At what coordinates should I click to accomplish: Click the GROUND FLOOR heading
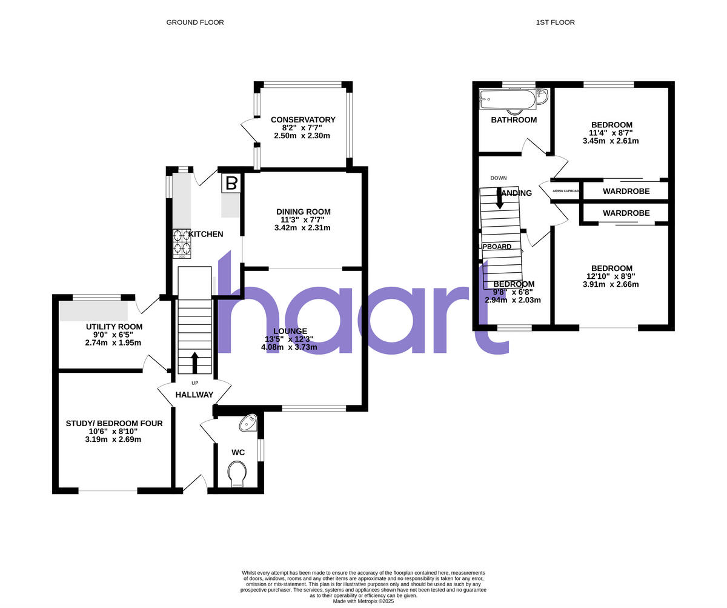click(x=195, y=22)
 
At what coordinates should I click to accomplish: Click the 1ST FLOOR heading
click(x=555, y=22)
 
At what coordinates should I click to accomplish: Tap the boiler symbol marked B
click(x=231, y=183)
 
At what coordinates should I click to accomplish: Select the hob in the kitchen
click(x=182, y=244)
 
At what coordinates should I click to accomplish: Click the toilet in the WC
click(x=237, y=474)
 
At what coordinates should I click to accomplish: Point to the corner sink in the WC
click(x=249, y=423)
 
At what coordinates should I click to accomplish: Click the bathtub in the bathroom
click(x=508, y=99)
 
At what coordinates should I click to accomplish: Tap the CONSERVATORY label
click(x=303, y=120)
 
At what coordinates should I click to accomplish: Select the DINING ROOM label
click(x=304, y=212)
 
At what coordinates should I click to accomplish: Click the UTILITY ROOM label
click(x=114, y=327)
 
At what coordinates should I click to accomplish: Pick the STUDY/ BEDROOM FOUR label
click(x=114, y=423)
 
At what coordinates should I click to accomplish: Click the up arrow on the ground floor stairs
click(x=194, y=362)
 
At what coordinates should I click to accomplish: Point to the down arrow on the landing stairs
click(x=499, y=199)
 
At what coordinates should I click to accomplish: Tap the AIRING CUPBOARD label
click(x=565, y=191)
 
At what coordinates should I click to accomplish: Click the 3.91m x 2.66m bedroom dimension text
click(x=611, y=284)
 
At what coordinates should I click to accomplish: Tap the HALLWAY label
click(x=194, y=395)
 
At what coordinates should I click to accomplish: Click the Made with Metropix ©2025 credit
click(x=363, y=601)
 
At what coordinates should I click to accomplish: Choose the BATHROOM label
click(x=514, y=120)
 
